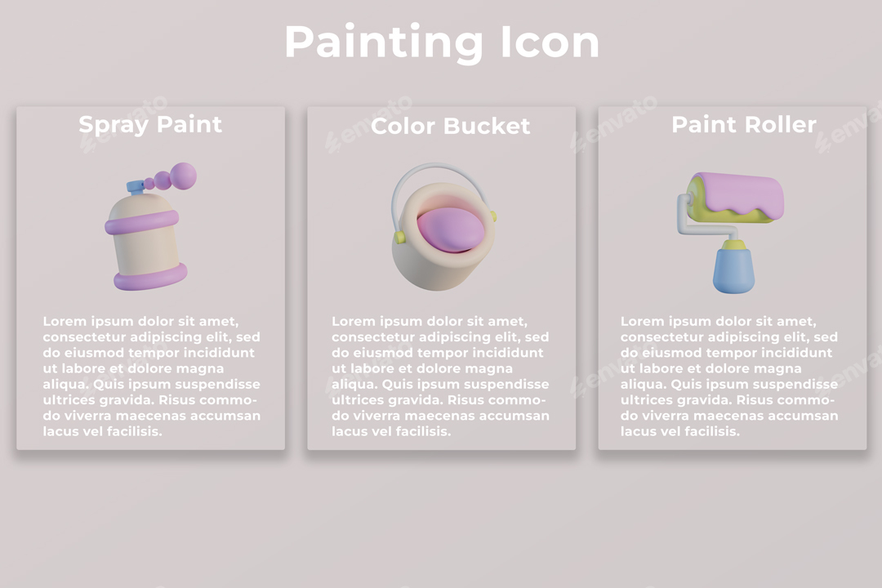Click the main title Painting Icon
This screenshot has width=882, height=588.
pos(441,42)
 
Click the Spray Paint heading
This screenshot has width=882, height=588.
pos(150,125)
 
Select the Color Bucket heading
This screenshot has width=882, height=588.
pos(450,127)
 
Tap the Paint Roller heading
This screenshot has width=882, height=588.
pos(743,125)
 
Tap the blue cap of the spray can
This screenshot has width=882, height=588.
pos(135,188)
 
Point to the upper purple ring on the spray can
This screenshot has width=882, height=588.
pos(142,220)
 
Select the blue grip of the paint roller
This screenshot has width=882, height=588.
pos(733,271)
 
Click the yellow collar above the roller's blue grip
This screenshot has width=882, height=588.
pos(733,244)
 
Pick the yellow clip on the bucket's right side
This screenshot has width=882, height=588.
pos(492,216)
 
